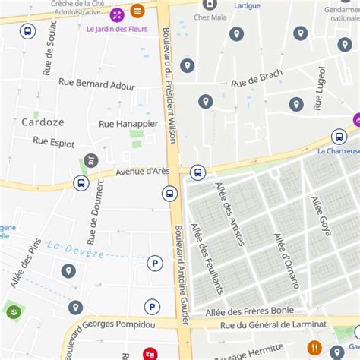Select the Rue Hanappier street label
tap(128, 123)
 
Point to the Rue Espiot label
tap(54, 141)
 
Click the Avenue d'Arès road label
tap(142, 172)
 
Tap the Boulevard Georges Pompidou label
tap(109, 324)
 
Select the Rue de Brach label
tap(257, 77)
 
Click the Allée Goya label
tap(321, 216)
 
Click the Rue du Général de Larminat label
tap(273, 324)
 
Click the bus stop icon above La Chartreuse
tap(339, 137)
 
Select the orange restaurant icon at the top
tap(137, 11)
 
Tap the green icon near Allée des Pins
tap(13, 311)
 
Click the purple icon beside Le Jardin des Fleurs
tap(117, 14)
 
